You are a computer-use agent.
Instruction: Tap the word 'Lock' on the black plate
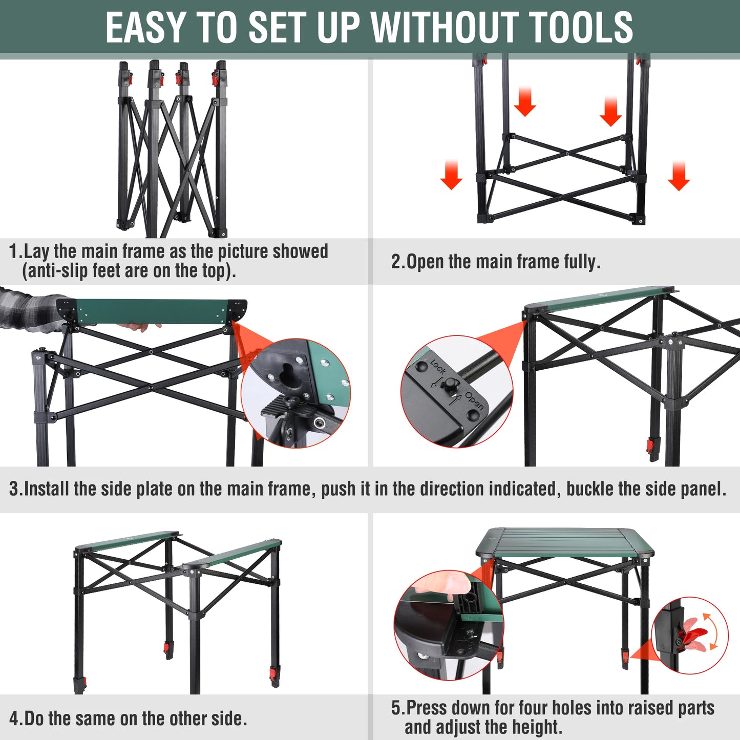tap(438, 367)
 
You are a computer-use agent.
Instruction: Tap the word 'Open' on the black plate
tap(474, 401)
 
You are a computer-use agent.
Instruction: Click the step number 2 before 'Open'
tap(397, 262)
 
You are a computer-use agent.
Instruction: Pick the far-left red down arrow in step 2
tap(451, 175)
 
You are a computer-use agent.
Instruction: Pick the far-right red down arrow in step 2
tap(679, 176)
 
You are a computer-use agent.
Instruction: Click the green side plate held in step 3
tap(154, 312)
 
